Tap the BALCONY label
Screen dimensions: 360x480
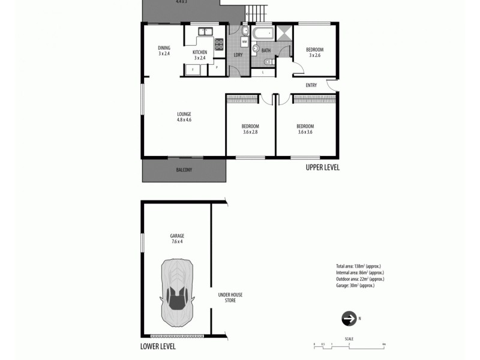184,170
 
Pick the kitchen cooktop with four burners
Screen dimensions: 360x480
219,43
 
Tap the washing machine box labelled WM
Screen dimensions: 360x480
244,41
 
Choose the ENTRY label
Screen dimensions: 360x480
311,85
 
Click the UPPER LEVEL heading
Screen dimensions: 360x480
322,168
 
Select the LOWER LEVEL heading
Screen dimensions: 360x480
158,346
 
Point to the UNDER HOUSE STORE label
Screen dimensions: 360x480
226,298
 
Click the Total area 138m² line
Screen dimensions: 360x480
358,266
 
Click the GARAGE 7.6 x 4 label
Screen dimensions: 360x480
176,239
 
